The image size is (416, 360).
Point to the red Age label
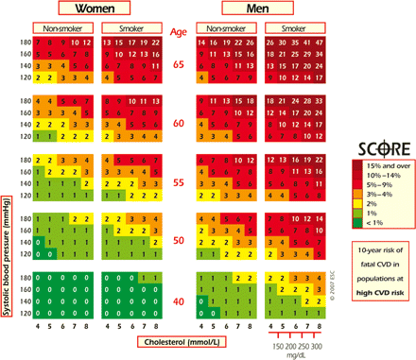coord(179,31)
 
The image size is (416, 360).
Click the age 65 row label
coord(179,65)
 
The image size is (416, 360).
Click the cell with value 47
coord(322,43)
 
